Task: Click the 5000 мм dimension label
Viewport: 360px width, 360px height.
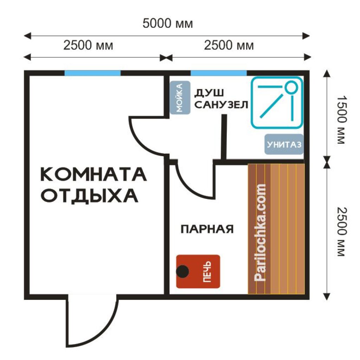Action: coord(168,24)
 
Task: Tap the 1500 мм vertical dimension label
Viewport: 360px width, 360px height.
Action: coord(342,120)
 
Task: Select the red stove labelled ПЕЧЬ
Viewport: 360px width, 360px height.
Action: coord(198,271)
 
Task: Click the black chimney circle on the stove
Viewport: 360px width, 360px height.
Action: coord(182,271)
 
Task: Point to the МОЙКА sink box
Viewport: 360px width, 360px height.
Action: coord(180,98)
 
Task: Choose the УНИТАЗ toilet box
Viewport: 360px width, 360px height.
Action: coord(284,144)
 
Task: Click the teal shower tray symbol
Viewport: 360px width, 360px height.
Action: coord(277,102)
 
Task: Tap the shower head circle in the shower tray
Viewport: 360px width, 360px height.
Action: coord(291,87)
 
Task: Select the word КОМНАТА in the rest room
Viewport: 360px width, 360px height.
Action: coord(94,174)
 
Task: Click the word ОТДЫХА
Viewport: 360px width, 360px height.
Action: coord(90,196)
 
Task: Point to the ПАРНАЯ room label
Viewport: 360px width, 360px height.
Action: coord(207,229)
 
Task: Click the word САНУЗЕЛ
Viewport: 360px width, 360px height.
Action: coord(221,105)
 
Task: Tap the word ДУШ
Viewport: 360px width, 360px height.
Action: coord(209,93)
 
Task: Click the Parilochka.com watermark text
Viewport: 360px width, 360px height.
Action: coord(260,232)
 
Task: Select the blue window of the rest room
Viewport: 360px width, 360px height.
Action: coord(92,73)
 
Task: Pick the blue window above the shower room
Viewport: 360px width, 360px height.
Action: coord(219,73)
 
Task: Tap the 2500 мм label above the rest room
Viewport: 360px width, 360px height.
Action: coord(88,45)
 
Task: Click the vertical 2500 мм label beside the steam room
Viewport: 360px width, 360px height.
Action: coord(342,232)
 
